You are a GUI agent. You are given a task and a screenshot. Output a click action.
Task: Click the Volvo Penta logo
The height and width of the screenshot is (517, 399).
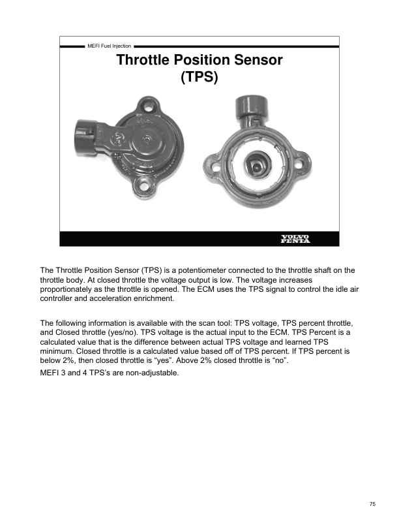coord(295,238)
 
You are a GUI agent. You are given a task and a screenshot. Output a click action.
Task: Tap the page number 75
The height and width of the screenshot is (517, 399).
coord(372,503)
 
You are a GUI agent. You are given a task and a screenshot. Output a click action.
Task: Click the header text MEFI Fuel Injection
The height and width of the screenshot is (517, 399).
coord(109,46)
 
